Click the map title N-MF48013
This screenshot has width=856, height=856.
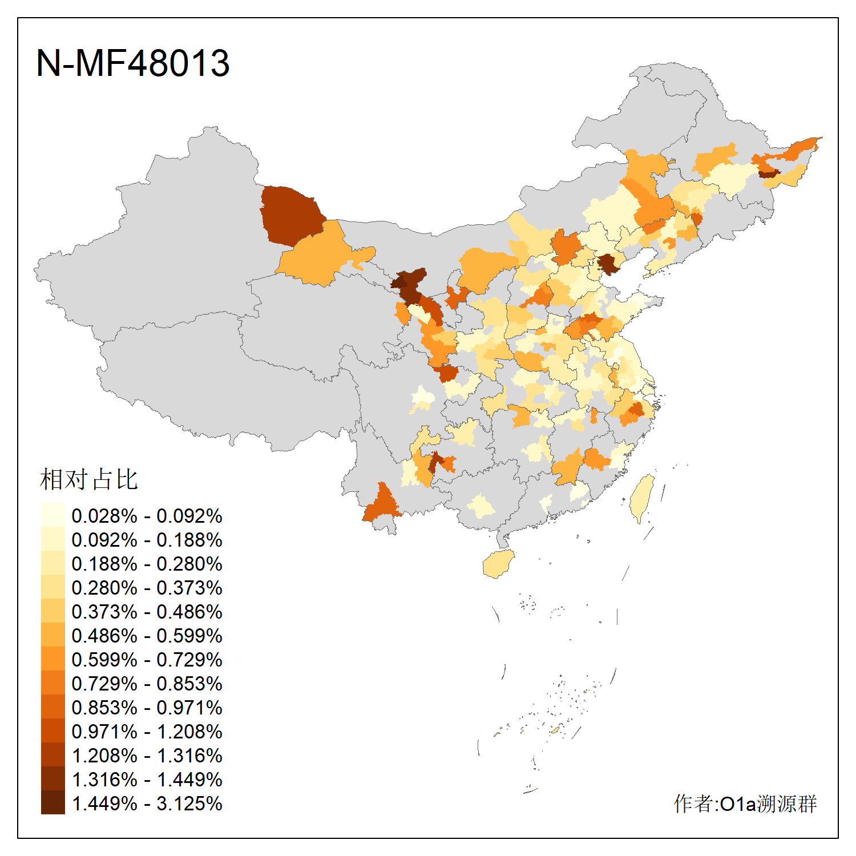[132, 63]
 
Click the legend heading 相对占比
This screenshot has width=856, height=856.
[88, 479]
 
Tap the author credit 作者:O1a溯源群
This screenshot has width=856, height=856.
[745, 803]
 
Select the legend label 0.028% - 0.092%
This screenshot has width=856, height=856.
[147, 516]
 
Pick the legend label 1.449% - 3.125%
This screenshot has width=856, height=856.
[147, 803]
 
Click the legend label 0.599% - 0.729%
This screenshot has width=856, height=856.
[147, 660]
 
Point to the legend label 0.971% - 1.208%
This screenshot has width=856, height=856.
[147, 732]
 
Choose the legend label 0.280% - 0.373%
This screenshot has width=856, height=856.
[147, 588]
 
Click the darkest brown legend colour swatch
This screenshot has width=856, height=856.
[53, 802]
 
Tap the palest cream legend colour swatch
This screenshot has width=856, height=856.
[53, 515]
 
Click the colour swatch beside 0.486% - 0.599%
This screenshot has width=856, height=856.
[53, 635]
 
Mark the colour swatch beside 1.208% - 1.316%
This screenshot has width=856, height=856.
[53, 754]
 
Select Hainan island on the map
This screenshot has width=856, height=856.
[498, 564]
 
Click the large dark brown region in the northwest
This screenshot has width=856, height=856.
[291, 214]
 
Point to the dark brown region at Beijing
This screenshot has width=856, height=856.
[608, 264]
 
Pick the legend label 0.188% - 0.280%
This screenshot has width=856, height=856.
[147, 564]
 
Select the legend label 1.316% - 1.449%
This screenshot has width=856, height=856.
[147, 780]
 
